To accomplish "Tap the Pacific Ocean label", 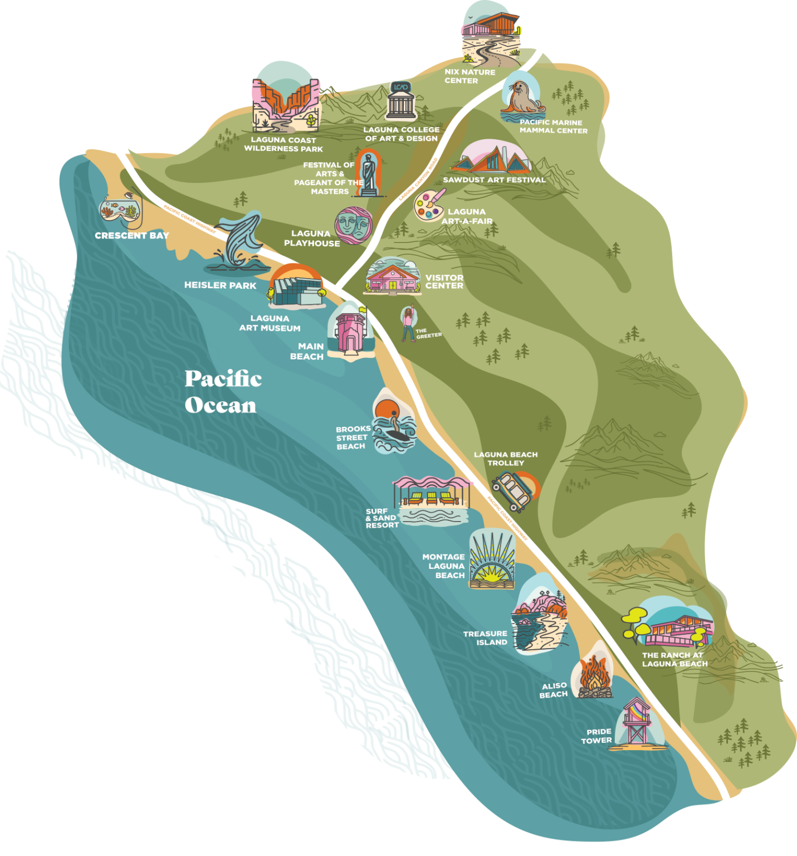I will (222, 392).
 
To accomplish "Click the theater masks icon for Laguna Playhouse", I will (354, 225).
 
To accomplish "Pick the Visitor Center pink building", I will (392, 277).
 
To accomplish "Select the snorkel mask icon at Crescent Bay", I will (120, 210).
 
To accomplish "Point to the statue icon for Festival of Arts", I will (368, 174).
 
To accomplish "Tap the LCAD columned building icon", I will (401, 101).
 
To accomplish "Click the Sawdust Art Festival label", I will (494, 180).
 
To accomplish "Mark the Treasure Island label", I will (485, 638).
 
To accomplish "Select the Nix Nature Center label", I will (470, 76).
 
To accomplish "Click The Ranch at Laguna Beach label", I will (674, 659).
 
